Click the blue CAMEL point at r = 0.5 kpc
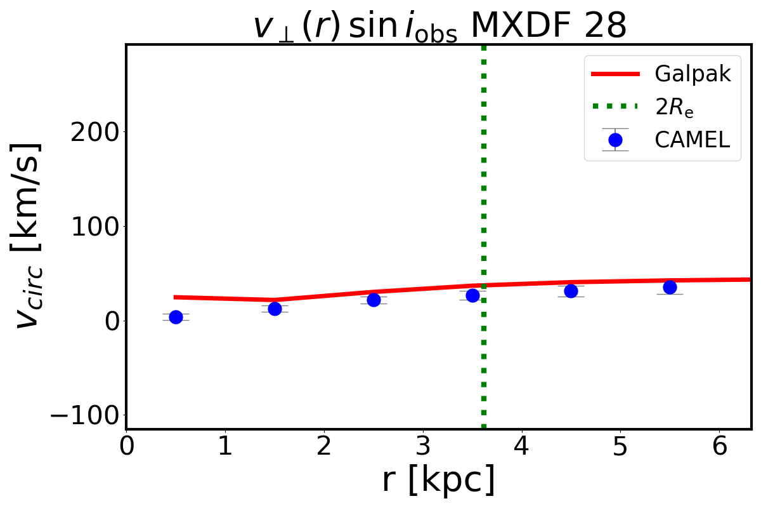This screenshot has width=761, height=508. (x=176, y=317)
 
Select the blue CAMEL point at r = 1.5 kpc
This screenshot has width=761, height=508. (x=275, y=309)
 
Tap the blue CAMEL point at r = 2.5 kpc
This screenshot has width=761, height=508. (x=374, y=300)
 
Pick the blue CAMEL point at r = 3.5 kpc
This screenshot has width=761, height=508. (x=472, y=295)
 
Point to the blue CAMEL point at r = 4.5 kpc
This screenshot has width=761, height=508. (x=571, y=291)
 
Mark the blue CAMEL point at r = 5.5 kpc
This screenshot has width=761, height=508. (x=670, y=287)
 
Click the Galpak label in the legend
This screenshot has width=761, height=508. (x=693, y=74)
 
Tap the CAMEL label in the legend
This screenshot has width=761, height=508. (x=693, y=140)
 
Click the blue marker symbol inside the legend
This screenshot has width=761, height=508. (x=615, y=140)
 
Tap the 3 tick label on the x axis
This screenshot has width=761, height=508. (x=423, y=447)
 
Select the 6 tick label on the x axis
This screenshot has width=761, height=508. (x=719, y=447)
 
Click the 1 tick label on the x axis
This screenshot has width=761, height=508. (x=225, y=447)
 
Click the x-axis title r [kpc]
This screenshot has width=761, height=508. (x=438, y=480)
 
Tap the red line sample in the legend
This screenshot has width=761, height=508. (x=615, y=74)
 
